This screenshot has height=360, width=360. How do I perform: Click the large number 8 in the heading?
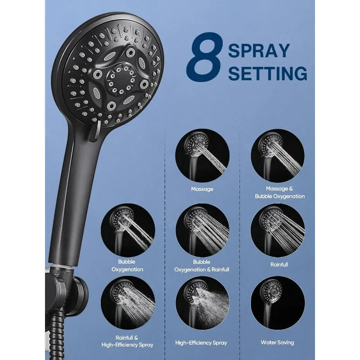205,57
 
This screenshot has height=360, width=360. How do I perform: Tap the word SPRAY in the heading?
259,51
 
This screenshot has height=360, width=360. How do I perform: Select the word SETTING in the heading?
267,73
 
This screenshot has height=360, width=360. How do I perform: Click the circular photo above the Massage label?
202,156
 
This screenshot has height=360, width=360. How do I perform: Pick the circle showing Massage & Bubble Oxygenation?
278,156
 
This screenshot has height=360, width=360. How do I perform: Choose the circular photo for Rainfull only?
278,230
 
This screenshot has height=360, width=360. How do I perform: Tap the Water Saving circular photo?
278,303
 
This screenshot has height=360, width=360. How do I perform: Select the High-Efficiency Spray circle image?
202,303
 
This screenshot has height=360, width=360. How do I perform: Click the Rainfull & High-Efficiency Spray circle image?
128,303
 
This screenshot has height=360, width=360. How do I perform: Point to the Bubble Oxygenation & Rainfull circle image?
202,230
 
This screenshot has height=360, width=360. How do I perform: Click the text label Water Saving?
277,342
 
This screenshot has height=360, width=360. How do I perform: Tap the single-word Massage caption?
202,189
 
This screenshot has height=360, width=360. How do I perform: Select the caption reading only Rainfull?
279,265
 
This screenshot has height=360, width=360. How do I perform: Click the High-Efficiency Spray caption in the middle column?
201,343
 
